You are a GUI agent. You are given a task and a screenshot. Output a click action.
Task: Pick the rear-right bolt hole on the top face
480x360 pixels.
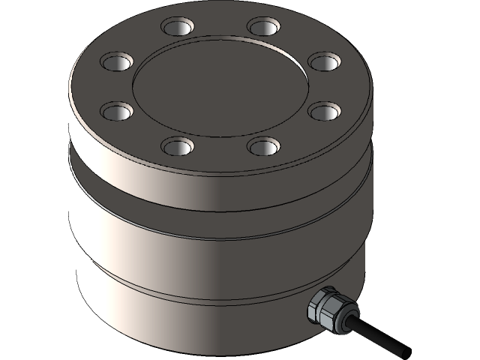click(262, 28)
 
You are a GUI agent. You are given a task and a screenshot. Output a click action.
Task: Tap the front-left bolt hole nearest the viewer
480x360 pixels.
click(176, 145)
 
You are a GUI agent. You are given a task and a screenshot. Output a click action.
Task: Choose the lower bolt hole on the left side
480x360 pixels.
click(115, 112)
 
